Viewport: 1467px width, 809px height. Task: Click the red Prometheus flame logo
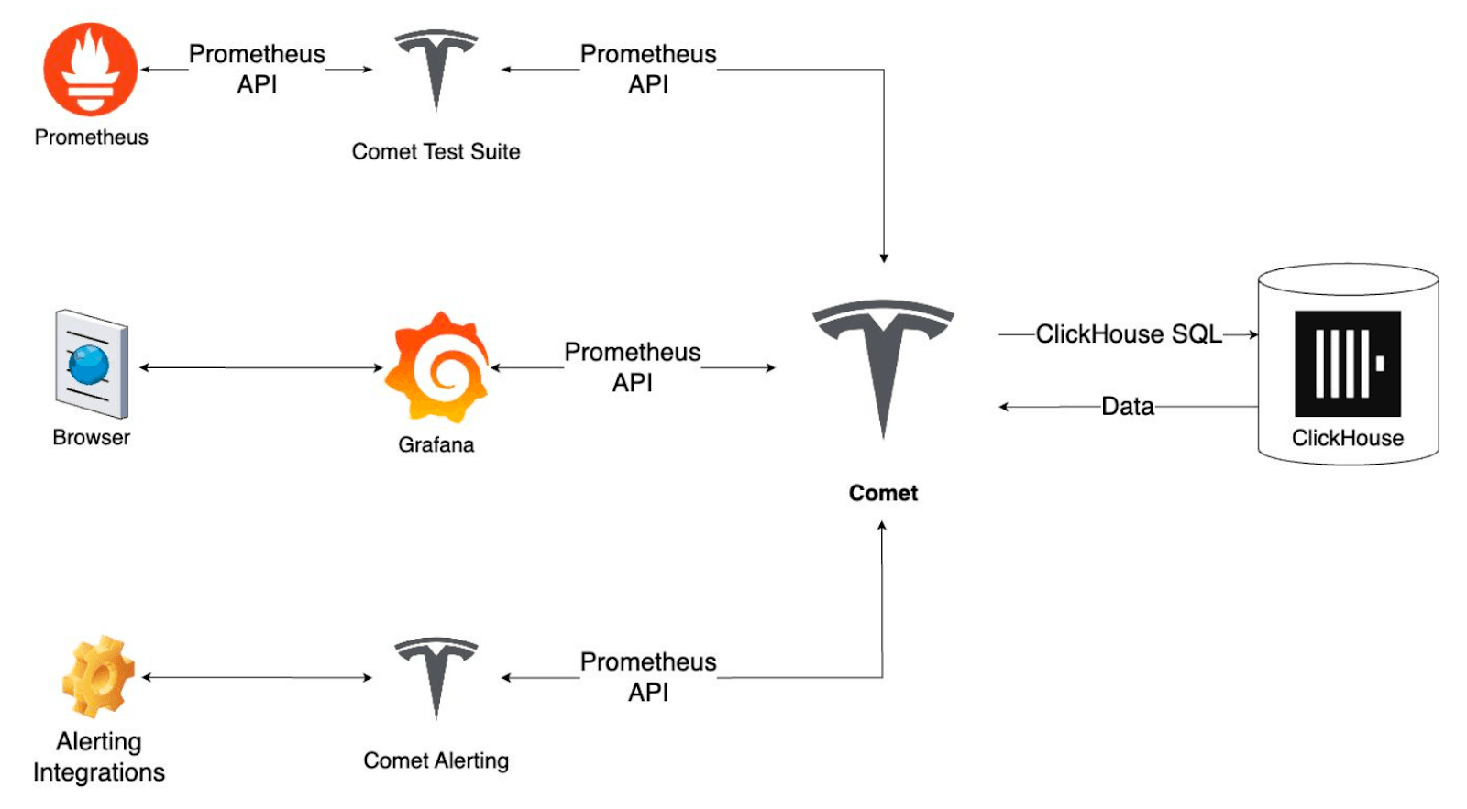pyautogui.click(x=91, y=70)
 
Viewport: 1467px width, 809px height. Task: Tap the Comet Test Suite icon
pyautogui.click(x=436, y=70)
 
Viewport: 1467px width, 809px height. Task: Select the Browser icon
pyautogui.click(x=91, y=365)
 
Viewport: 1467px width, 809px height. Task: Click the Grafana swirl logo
pyautogui.click(x=437, y=368)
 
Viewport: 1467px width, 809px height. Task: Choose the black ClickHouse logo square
pyautogui.click(x=1347, y=364)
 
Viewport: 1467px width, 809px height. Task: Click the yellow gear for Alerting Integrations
pyautogui.click(x=97, y=676)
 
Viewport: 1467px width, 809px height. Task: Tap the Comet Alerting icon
pyautogui.click(x=436, y=677)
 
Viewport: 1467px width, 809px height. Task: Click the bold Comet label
pyautogui.click(x=883, y=493)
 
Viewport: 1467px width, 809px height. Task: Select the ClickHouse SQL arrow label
pyautogui.click(x=1129, y=334)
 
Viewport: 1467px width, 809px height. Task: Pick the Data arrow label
pyautogui.click(x=1128, y=406)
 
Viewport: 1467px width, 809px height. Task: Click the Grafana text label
pyautogui.click(x=436, y=444)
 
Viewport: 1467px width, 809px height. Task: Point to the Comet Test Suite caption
pyautogui.click(x=436, y=151)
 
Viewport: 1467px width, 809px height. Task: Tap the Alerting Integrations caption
pyautogui.click(x=99, y=757)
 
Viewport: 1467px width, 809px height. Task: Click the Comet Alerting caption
pyautogui.click(x=436, y=760)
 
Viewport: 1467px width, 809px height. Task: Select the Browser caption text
pyautogui.click(x=91, y=437)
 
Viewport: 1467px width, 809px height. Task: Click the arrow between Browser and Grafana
pyautogui.click(x=261, y=367)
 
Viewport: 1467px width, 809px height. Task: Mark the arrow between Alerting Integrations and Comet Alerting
pyautogui.click(x=257, y=677)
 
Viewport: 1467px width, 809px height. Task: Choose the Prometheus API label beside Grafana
pyautogui.click(x=633, y=367)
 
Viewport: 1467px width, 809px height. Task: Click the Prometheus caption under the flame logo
pyautogui.click(x=91, y=137)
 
